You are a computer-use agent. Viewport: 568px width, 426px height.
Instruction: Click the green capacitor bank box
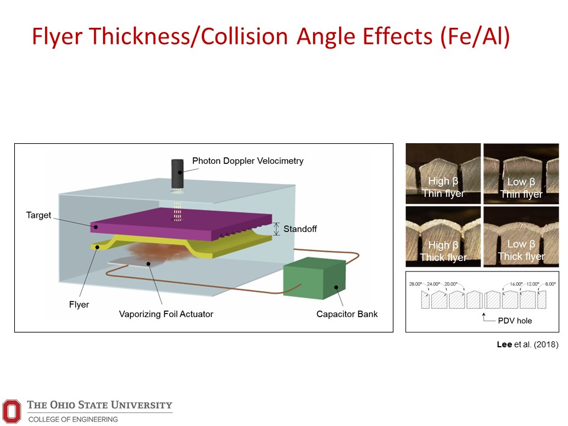click(x=314, y=278)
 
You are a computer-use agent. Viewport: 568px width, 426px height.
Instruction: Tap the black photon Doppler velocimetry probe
click(x=177, y=174)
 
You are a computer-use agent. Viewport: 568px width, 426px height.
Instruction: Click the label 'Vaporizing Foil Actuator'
click(x=166, y=314)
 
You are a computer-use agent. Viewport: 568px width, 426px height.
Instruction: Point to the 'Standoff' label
click(x=300, y=229)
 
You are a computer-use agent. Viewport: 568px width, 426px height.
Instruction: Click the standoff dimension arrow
click(x=276, y=229)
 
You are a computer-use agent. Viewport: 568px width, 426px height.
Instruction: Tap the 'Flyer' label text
click(x=79, y=305)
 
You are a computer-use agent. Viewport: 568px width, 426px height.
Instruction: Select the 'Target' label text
click(x=38, y=215)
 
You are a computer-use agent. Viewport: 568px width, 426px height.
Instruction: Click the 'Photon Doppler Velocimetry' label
click(x=248, y=161)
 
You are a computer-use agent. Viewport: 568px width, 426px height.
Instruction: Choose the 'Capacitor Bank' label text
click(x=347, y=314)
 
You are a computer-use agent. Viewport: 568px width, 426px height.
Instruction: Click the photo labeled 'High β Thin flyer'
click(x=443, y=173)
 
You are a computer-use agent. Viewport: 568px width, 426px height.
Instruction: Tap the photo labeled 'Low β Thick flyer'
click(x=521, y=237)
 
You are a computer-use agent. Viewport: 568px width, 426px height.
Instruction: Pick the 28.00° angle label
click(x=415, y=284)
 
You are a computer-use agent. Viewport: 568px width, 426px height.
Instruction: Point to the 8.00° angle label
click(x=550, y=284)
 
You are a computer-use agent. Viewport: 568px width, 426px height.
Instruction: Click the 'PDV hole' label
click(x=515, y=321)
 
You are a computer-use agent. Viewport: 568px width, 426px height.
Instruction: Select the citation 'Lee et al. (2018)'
click(x=527, y=344)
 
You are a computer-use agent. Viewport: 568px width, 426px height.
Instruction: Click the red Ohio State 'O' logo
click(x=12, y=411)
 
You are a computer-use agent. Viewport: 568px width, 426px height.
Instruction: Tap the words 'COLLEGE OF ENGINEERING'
click(x=73, y=419)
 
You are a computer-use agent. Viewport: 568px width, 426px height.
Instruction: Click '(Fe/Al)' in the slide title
click(x=475, y=37)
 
